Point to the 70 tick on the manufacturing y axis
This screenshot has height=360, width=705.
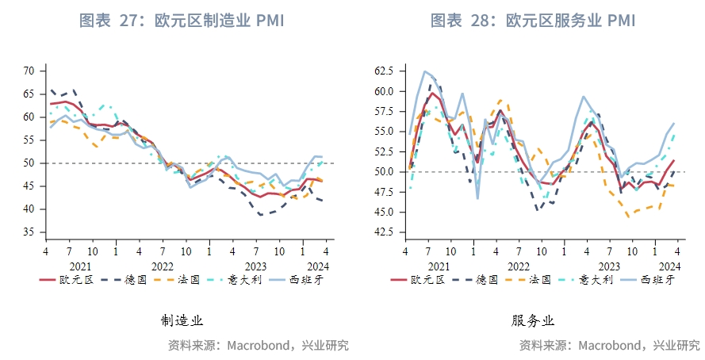(x=29, y=71)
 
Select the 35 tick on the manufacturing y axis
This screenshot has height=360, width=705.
(x=29, y=232)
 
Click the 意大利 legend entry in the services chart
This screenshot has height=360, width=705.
(x=595, y=279)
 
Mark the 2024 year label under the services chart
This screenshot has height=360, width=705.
(x=669, y=266)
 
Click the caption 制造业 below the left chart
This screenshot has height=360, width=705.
(x=182, y=321)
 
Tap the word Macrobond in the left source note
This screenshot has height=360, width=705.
(x=262, y=346)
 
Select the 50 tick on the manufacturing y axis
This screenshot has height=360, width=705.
(x=29, y=163)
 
